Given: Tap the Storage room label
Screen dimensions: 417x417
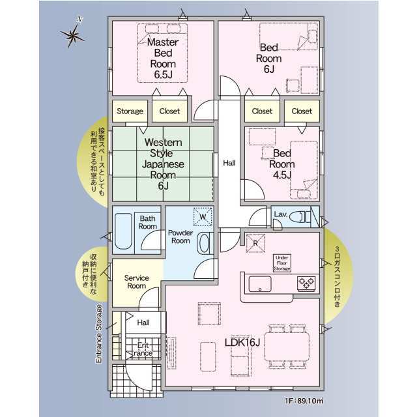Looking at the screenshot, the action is [130, 111].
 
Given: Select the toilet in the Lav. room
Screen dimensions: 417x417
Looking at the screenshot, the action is [300, 216].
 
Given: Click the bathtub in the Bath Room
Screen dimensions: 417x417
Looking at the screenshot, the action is [123, 231].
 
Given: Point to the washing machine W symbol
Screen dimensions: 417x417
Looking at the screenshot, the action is [203, 217].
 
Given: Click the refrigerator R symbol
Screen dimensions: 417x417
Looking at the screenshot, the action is [255, 243].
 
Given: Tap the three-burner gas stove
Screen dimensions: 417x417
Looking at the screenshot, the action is [306, 283].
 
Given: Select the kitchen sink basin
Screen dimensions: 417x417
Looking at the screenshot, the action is [260, 284].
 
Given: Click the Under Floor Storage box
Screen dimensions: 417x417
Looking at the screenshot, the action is [282, 263].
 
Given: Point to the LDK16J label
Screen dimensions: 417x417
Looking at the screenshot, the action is [242, 343].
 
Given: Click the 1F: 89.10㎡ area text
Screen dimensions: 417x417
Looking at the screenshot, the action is [304, 401].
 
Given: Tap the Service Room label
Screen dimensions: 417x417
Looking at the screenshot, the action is [137, 282].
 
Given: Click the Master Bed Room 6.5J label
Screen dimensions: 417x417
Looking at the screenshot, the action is [163, 58].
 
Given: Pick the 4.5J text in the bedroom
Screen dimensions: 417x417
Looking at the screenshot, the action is [282, 175].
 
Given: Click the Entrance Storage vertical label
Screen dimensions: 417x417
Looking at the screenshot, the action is [98, 334].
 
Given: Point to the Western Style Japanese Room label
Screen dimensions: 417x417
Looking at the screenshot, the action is [163, 164].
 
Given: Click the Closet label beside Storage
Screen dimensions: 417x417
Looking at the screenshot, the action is [169, 111].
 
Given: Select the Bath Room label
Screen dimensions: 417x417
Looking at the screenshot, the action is [148, 223].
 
